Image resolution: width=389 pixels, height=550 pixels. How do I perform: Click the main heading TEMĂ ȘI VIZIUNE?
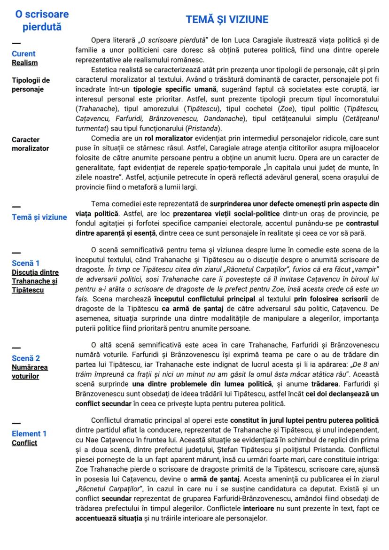(227, 20)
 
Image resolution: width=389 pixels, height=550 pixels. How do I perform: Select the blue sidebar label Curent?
(23, 54)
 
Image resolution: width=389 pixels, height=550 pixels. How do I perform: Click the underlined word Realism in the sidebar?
(25, 62)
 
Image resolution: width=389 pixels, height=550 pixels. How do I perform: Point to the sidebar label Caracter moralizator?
(30, 144)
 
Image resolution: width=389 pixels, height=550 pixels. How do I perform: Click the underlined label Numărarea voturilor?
(30, 372)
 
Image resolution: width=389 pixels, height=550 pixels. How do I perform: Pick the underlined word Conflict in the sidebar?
(24, 442)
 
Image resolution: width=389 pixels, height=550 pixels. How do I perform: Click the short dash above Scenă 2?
(16, 349)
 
